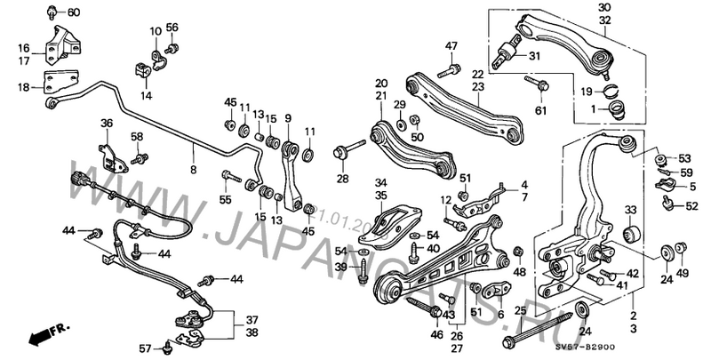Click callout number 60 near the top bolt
73,12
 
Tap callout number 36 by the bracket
107,124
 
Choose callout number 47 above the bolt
451,46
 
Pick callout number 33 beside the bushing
631,210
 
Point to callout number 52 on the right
691,206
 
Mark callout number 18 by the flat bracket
23,87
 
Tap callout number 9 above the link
288,117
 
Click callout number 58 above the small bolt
137,136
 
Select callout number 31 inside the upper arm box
534,56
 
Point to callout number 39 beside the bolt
341,268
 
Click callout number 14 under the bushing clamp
146,95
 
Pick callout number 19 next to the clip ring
587,92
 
